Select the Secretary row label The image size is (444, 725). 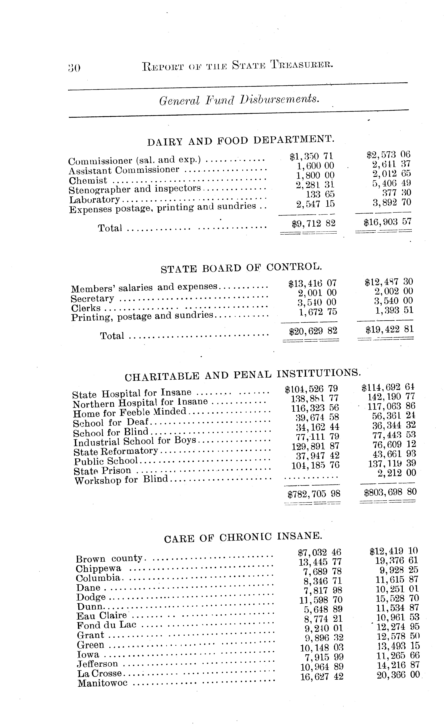tap(92, 299)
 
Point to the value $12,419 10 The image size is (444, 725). tap(394, 551)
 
